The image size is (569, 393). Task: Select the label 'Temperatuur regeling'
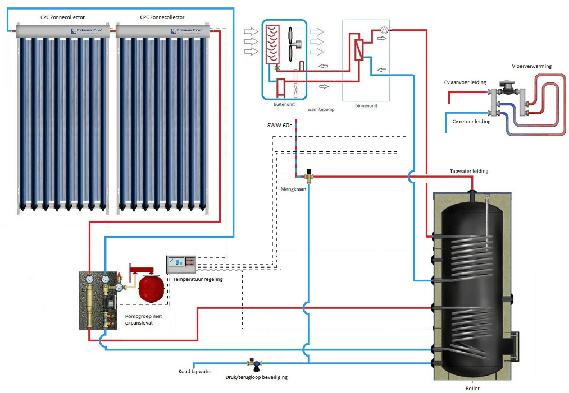(x=197, y=279)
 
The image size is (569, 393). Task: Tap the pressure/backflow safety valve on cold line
(x=257, y=364)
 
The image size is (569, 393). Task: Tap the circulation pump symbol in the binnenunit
(x=384, y=31)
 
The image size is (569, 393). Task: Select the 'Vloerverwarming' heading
(x=531, y=66)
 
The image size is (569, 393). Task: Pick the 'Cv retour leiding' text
(x=471, y=121)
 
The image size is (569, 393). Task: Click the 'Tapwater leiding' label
(x=469, y=171)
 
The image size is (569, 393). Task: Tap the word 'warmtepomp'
(x=321, y=109)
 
